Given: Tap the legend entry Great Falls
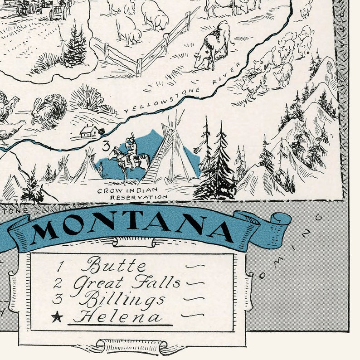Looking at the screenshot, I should pos(127,283).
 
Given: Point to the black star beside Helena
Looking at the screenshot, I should pos(57,317).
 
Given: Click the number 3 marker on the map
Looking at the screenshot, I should pos(105,146).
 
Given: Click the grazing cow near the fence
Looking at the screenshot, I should pos(213,45).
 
